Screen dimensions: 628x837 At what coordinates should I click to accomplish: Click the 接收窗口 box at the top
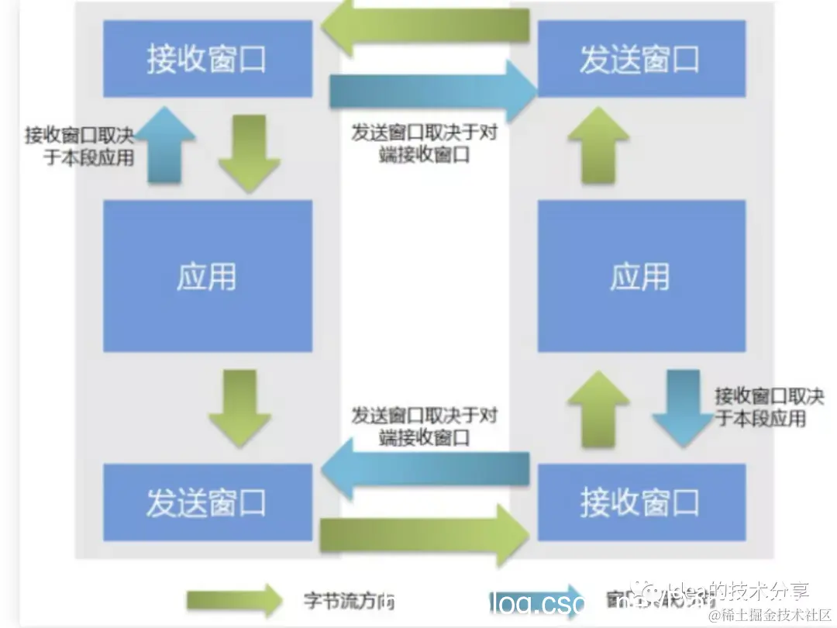click(x=208, y=60)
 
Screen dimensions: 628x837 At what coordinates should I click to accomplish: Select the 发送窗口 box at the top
click(x=641, y=60)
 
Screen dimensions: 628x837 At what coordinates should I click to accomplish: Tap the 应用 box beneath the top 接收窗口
click(x=208, y=276)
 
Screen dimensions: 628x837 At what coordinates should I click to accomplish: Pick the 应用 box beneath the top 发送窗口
click(x=641, y=276)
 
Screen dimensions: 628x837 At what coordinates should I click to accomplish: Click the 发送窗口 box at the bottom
click(x=208, y=503)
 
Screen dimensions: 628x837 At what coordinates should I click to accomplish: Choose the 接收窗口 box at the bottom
click(x=641, y=503)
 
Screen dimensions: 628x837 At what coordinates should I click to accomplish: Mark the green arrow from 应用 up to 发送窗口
click(x=598, y=145)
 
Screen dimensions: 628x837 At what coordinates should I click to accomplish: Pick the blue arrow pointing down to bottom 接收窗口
click(x=682, y=408)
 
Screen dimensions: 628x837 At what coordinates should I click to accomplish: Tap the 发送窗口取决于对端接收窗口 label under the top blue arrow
click(x=425, y=143)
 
